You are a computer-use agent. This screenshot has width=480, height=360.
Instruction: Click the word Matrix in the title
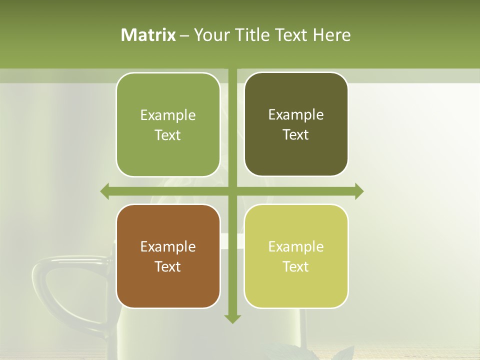click(148, 35)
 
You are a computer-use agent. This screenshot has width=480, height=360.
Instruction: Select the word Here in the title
click(331, 35)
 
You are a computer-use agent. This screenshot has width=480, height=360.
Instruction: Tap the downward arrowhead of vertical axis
click(232, 318)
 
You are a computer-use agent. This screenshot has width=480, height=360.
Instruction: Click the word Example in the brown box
click(168, 246)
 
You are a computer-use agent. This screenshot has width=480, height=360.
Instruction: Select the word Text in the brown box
click(168, 266)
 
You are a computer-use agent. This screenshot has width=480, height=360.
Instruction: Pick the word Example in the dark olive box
click(296, 114)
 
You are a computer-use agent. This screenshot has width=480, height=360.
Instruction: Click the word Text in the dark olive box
click(296, 134)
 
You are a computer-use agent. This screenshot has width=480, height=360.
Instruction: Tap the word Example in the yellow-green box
click(296, 246)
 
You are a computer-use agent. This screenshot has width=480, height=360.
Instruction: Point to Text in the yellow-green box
click(296, 266)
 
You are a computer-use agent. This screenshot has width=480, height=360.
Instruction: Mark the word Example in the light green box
click(168, 115)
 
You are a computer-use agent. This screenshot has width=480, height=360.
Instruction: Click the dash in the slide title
click(184, 35)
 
